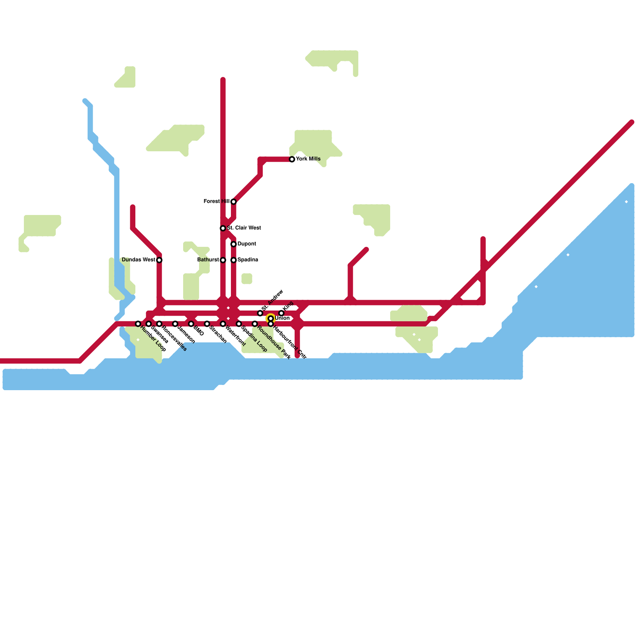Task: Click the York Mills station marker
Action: point(292,159)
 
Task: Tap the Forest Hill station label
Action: point(216,201)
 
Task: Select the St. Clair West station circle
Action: point(223,228)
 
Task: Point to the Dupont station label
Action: point(246,244)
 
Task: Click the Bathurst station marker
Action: point(223,260)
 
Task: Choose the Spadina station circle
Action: point(234,260)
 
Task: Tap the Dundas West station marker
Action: point(159,260)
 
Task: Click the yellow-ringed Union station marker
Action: point(271,318)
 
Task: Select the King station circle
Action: point(281,313)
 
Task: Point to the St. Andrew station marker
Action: point(260,313)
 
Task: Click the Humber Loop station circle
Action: point(138,324)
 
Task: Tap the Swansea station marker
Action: point(149,324)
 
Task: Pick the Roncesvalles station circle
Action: point(159,324)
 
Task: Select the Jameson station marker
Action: point(175,324)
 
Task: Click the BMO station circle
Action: point(191,324)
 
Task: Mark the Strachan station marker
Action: point(207,324)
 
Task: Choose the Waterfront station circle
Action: point(223,324)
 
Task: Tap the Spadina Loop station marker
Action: point(239,324)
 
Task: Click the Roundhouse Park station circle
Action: point(255,324)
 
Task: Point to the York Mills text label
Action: point(308,159)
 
